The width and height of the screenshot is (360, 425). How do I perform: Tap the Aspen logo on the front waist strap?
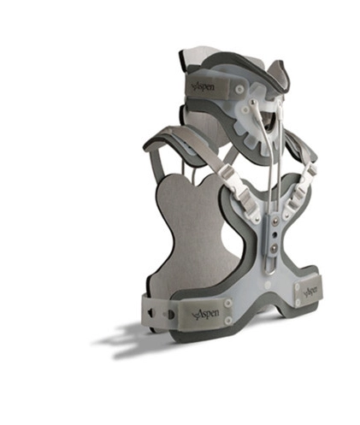[205, 314]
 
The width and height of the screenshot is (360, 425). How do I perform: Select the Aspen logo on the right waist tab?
[310, 291]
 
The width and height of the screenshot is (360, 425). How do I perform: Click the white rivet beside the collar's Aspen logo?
[240, 90]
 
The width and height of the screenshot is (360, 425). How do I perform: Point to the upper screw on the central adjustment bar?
[275, 220]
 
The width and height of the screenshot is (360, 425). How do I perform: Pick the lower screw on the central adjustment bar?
[274, 247]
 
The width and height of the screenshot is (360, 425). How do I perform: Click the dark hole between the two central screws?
[275, 234]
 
